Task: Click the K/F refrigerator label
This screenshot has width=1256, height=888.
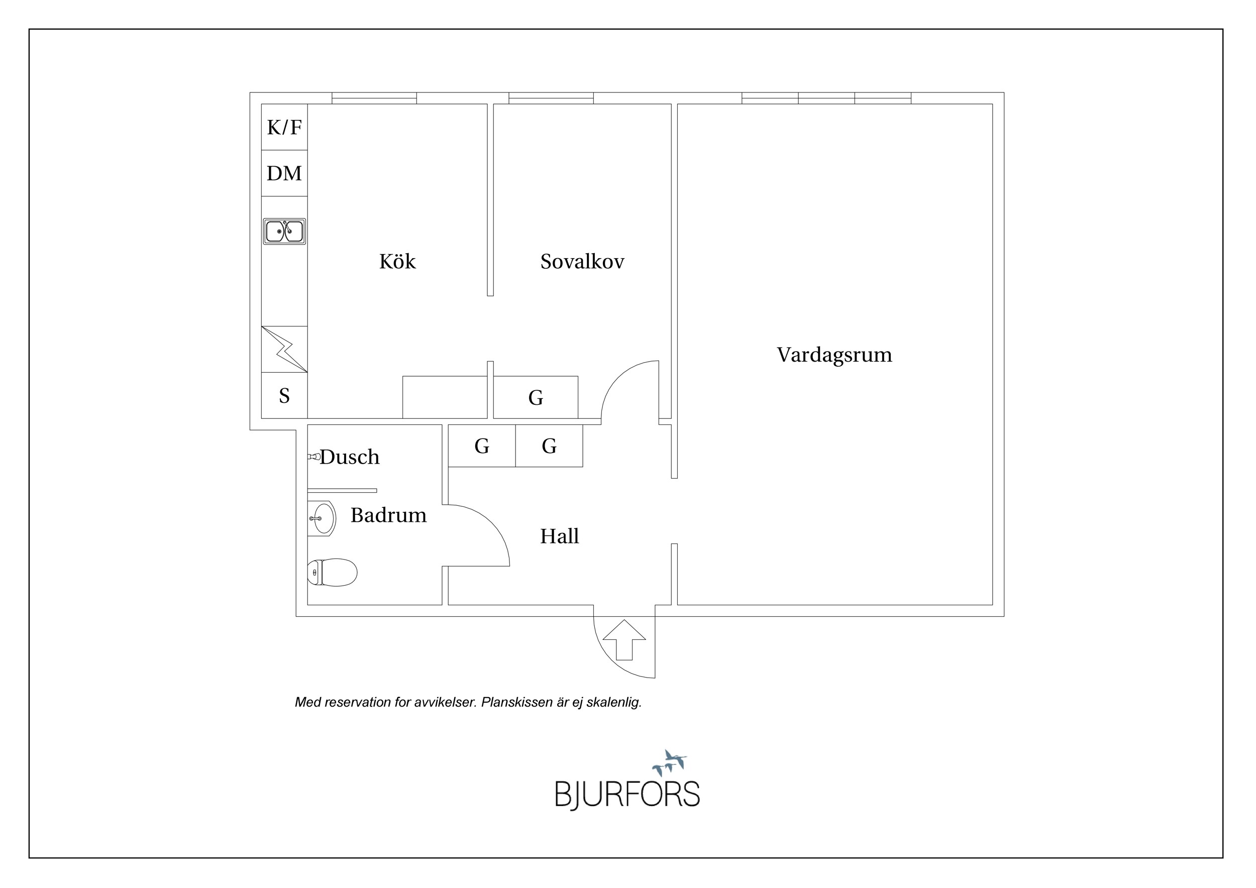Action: tap(284, 128)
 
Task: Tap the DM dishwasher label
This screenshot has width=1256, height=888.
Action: tap(284, 173)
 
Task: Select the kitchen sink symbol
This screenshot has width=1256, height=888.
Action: tap(284, 232)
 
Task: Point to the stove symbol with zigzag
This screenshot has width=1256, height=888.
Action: tap(284, 350)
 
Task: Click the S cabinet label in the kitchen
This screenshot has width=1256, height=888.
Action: tap(284, 395)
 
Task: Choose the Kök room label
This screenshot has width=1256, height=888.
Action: tap(397, 261)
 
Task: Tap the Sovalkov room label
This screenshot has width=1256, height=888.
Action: tap(582, 261)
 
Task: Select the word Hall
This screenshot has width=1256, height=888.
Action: tap(559, 536)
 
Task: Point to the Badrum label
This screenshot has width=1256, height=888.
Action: tap(388, 515)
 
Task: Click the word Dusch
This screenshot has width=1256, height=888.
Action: tap(350, 457)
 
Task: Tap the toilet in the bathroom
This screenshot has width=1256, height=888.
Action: tap(332, 573)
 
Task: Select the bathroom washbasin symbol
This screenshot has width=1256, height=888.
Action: tap(322, 518)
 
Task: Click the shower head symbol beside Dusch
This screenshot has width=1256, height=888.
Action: tap(314, 457)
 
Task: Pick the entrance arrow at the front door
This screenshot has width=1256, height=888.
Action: tap(624, 640)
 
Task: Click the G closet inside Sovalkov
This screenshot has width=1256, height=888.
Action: tap(536, 397)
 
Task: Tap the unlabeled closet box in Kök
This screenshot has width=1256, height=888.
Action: tap(445, 397)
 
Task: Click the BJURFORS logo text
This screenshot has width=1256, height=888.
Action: tap(627, 795)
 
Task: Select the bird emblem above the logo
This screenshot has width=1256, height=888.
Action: tap(670, 763)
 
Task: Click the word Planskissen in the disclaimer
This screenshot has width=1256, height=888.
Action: tap(517, 703)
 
